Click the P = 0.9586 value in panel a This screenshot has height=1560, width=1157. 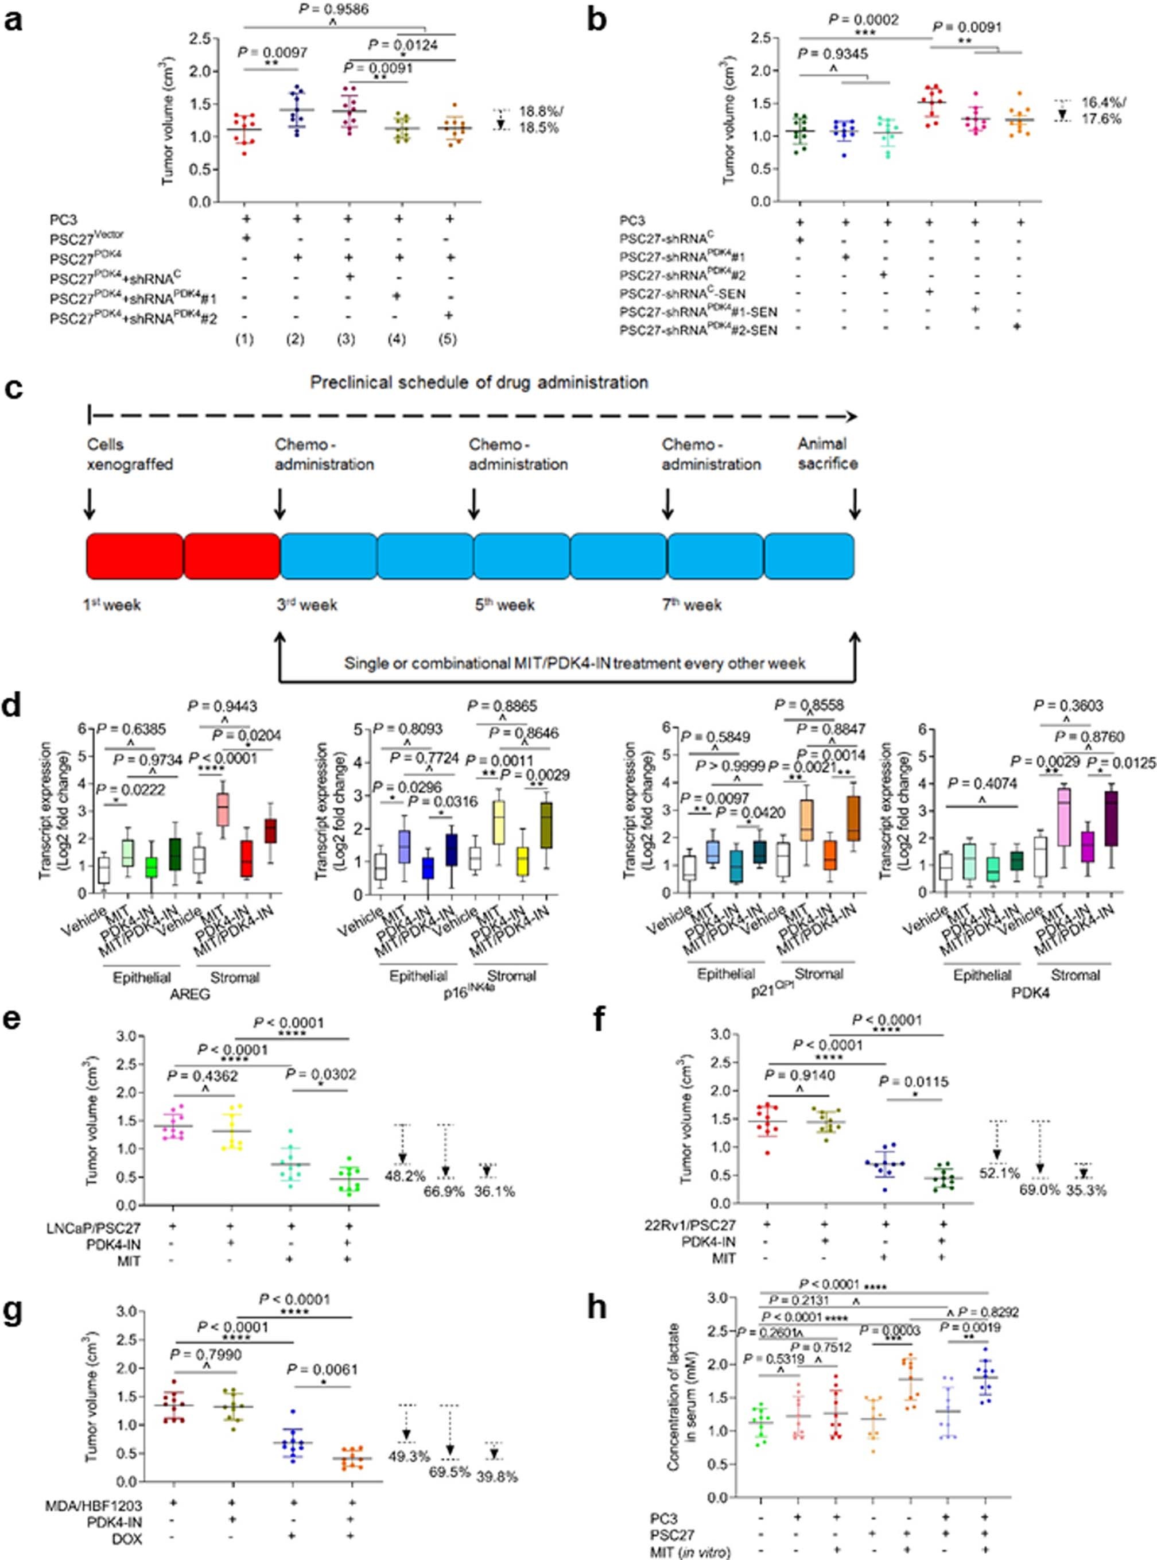point(336,10)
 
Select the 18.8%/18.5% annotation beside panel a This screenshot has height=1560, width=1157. point(538,121)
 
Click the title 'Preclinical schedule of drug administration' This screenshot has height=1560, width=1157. point(479,382)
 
